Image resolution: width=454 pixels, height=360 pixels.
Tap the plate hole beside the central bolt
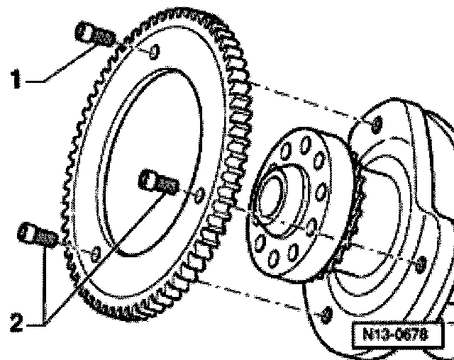[201, 193]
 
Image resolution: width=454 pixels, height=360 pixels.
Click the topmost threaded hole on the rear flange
[377, 125]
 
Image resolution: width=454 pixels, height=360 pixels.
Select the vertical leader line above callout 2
[45, 283]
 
